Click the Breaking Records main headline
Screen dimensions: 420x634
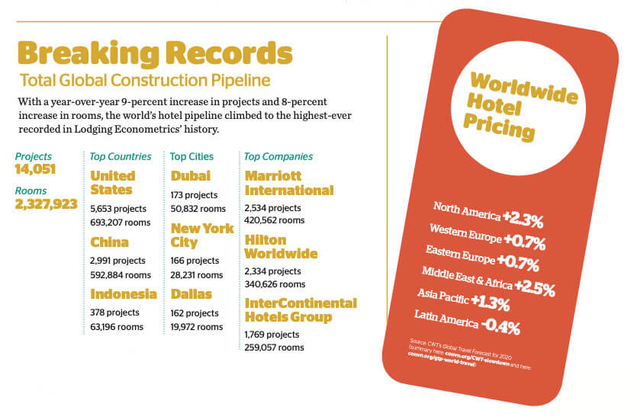(154, 54)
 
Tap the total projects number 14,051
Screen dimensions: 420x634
(35, 169)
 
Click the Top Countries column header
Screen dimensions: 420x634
(121, 156)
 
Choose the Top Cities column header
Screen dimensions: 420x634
(191, 156)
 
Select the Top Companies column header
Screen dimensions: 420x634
(278, 156)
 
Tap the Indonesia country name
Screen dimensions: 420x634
(123, 294)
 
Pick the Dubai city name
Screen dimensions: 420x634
(191, 176)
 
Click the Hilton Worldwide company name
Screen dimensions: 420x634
(281, 246)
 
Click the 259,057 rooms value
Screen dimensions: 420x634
(275, 348)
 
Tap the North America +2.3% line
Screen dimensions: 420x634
(488, 214)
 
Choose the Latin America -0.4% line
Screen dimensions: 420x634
(467, 321)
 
